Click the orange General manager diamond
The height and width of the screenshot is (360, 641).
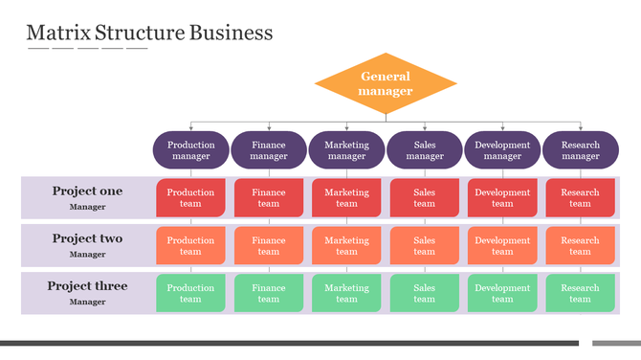[x=386, y=83]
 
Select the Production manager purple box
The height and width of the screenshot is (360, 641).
[x=191, y=150]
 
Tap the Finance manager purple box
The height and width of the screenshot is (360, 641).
[x=269, y=150]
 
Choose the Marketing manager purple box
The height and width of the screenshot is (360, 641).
[x=346, y=150]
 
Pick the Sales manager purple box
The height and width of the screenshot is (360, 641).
[x=425, y=150]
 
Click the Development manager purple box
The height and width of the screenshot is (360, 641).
[x=502, y=150]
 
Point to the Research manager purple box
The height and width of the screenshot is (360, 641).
[x=581, y=150]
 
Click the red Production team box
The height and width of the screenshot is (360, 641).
[x=191, y=197]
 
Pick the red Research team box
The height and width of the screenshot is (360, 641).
[x=581, y=197]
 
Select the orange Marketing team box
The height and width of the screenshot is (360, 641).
[x=346, y=245]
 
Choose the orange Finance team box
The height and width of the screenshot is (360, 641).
[x=269, y=245]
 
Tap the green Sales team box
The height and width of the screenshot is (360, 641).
[x=425, y=293]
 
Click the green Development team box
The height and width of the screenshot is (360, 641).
[x=502, y=293]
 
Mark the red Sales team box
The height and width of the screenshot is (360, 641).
[x=425, y=197]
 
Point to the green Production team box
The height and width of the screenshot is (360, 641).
[x=191, y=293]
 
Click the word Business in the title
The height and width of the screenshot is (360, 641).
[x=231, y=33]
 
